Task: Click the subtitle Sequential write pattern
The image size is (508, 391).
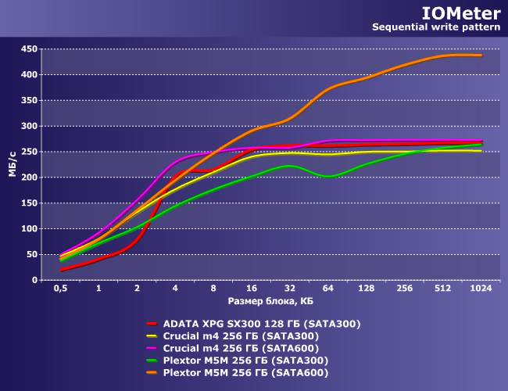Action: click(435, 27)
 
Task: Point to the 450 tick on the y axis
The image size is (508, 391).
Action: click(28, 48)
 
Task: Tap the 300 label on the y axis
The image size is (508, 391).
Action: click(28, 126)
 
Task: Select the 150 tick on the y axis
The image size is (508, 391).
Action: click(28, 203)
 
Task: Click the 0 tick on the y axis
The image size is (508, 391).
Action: click(34, 280)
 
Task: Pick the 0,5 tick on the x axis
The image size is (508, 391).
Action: click(60, 289)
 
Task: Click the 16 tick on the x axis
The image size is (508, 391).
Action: click(252, 289)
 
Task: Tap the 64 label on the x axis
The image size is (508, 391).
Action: click(328, 289)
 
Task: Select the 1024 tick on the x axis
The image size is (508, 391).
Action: click(481, 289)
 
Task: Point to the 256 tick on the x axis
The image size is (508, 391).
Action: click(405, 289)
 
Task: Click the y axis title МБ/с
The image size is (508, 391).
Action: click(13, 164)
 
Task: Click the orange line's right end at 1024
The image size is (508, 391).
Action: click(481, 56)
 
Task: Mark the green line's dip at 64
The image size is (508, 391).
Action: click(328, 177)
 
